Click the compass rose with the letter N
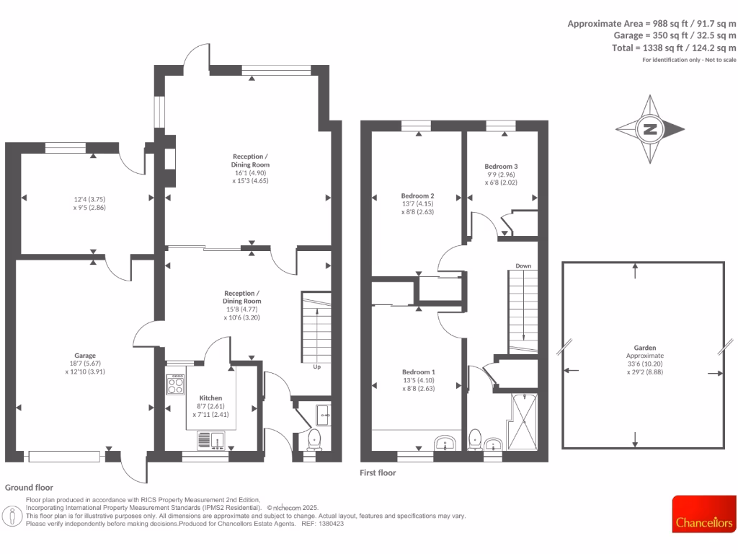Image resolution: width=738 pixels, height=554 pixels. point(650,130)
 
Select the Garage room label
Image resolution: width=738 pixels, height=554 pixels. point(86,356)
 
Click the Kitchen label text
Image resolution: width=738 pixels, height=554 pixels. point(210,397)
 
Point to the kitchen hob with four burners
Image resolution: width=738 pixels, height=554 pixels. point(176,384)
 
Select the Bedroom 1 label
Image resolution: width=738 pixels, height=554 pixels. point(418,372)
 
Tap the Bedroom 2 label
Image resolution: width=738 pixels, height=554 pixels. point(417,195)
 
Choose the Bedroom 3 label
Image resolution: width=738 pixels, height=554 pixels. point(501,166)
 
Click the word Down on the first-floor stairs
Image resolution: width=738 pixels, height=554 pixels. point(523,266)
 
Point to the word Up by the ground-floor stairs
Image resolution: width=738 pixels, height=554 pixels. point(316,366)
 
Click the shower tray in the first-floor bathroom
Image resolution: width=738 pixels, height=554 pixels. point(524,420)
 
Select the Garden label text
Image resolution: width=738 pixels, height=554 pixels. point(635,347)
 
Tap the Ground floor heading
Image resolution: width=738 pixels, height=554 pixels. point(29,488)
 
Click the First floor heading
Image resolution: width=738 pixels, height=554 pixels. point(378,473)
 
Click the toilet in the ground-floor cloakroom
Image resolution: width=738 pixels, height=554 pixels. point(314,439)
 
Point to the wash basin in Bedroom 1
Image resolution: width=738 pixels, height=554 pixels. point(444,443)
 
